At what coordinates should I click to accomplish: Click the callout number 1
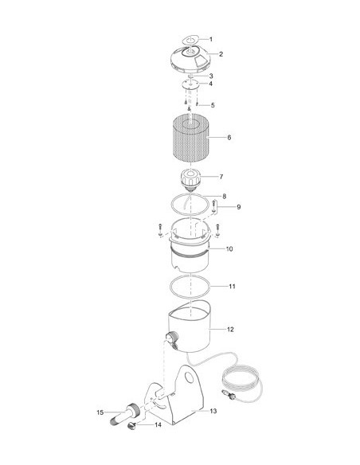(x=211, y=39)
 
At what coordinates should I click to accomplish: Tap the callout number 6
(x=229, y=137)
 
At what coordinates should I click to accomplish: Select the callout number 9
(x=238, y=207)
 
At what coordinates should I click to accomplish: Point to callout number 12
(x=230, y=329)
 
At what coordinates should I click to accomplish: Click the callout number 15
(x=100, y=412)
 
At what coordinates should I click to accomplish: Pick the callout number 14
(x=158, y=425)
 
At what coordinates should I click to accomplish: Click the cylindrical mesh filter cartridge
(x=190, y=138)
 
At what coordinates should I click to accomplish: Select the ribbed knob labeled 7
(x=190, y=179)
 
